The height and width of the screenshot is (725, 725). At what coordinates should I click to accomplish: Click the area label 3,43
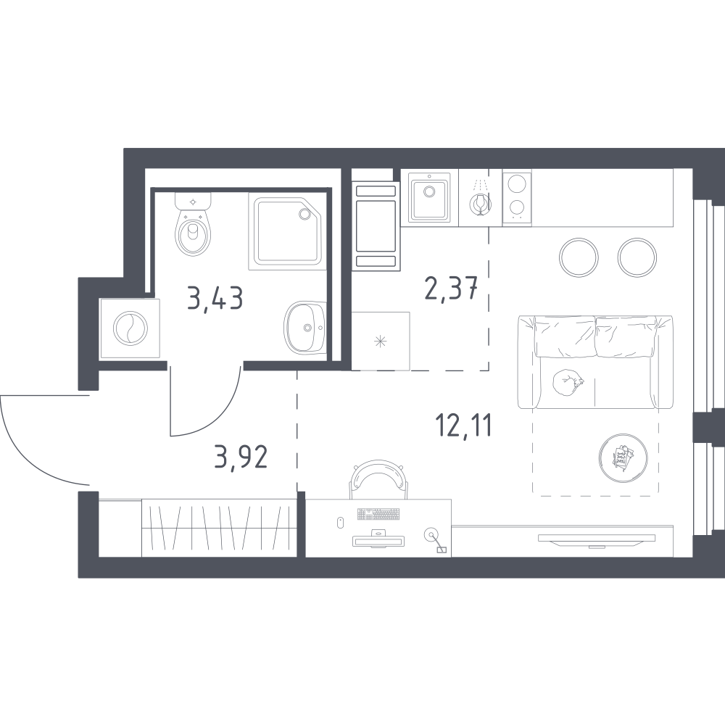[215, 298]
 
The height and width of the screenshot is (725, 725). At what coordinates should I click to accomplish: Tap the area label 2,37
[451, 288]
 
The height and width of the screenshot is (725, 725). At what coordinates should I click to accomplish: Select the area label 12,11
[464, 426]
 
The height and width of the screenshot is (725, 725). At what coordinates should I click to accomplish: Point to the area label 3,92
[241, 457]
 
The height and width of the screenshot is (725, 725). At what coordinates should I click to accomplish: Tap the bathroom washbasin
[305, 328]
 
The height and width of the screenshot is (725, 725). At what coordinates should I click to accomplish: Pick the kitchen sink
[429, 197]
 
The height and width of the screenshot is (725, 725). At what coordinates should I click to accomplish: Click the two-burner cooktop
[517, 197]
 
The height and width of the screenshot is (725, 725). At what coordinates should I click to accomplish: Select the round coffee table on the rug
[623, 458]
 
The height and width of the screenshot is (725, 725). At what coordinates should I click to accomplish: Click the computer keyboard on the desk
[378, 514]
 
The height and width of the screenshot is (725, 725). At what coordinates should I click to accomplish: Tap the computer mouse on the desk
[340, 522]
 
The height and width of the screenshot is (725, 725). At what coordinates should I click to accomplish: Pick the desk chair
[378, 479]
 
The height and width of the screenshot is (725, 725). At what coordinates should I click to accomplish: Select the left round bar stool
[579, 257]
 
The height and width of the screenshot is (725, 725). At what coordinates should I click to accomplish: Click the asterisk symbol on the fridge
[380, 341]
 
